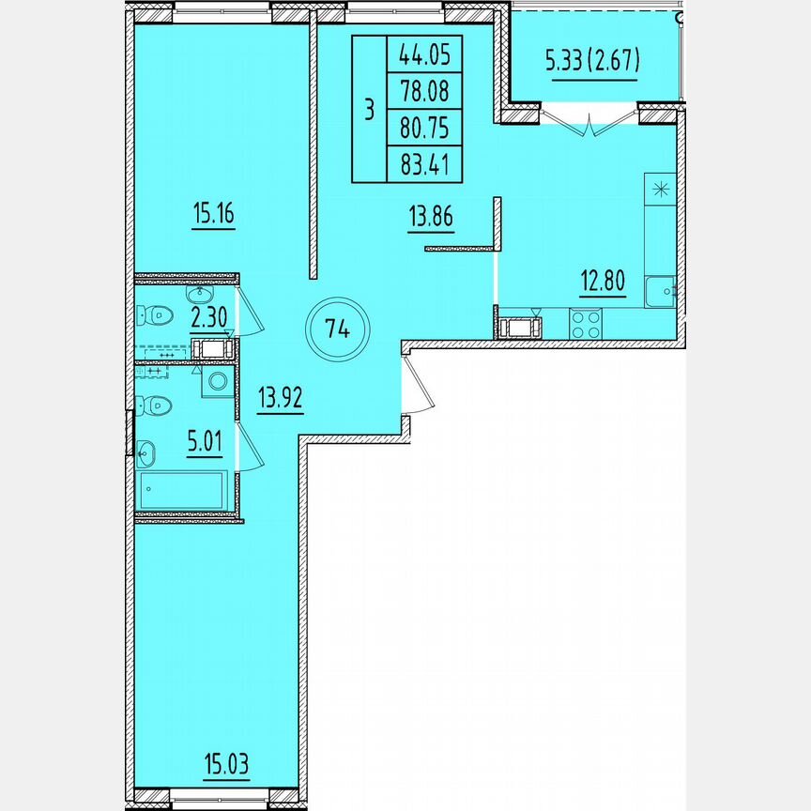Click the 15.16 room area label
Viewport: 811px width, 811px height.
[x=214, y=213]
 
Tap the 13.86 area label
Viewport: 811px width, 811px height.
[x=431, y=216]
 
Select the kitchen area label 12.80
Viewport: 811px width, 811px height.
[x=603, y=281]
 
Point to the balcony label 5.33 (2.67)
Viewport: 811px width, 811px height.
[x=593, y=61]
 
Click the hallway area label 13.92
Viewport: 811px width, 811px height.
[x=281, y=398]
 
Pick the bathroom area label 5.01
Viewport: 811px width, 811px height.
[x=205, y=442]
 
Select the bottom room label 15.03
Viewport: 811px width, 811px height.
[x=226, y=763]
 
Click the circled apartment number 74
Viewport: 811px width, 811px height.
[x=337, y=329]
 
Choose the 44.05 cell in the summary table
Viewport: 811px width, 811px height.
[x=424, y=54]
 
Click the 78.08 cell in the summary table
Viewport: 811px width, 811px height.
[x=424, y=90]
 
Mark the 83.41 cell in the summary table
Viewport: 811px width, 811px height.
[x=424, y=164]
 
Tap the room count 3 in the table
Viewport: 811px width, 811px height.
[x=369, y=110]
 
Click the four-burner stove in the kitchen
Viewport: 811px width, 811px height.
[x=586, y=324]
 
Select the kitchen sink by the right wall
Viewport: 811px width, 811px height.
[x=660, y=292]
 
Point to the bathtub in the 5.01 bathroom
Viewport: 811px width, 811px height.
[x=182, y=490]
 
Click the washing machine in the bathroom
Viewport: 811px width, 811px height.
[x=218, y=382]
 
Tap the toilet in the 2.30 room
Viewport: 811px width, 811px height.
[x=155, y=314]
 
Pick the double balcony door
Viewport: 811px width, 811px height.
[x=589, y=120]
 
